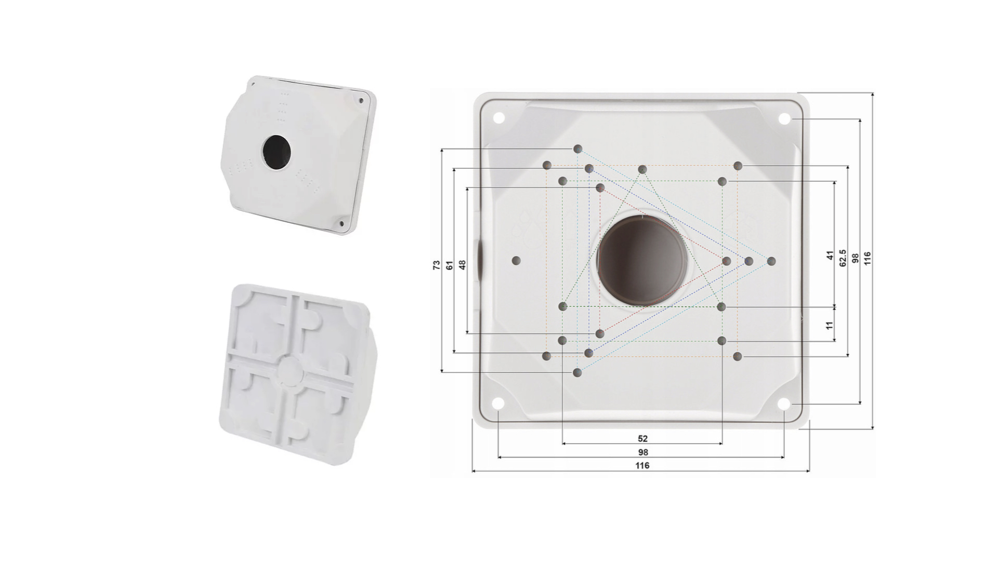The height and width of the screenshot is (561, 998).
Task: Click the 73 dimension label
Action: click(x=436, y=265)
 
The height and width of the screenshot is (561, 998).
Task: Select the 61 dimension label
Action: click(x=450, y=265)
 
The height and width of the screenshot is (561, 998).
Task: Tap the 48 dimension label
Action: click(x=463, y=265)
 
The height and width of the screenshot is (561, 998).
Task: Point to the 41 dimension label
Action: click(x=830, y=256)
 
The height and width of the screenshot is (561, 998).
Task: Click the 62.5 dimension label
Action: click(x=843, y=258)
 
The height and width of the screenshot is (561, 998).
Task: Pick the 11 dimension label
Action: click(x=830, y=325)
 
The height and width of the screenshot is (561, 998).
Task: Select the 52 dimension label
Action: click(x=642, y=439)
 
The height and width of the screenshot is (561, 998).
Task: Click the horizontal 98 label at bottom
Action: click(x=643, y=452)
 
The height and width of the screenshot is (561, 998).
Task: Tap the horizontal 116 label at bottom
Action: click(x=642, y=465)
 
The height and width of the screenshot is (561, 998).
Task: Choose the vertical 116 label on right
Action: click(x=867, y=258)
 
